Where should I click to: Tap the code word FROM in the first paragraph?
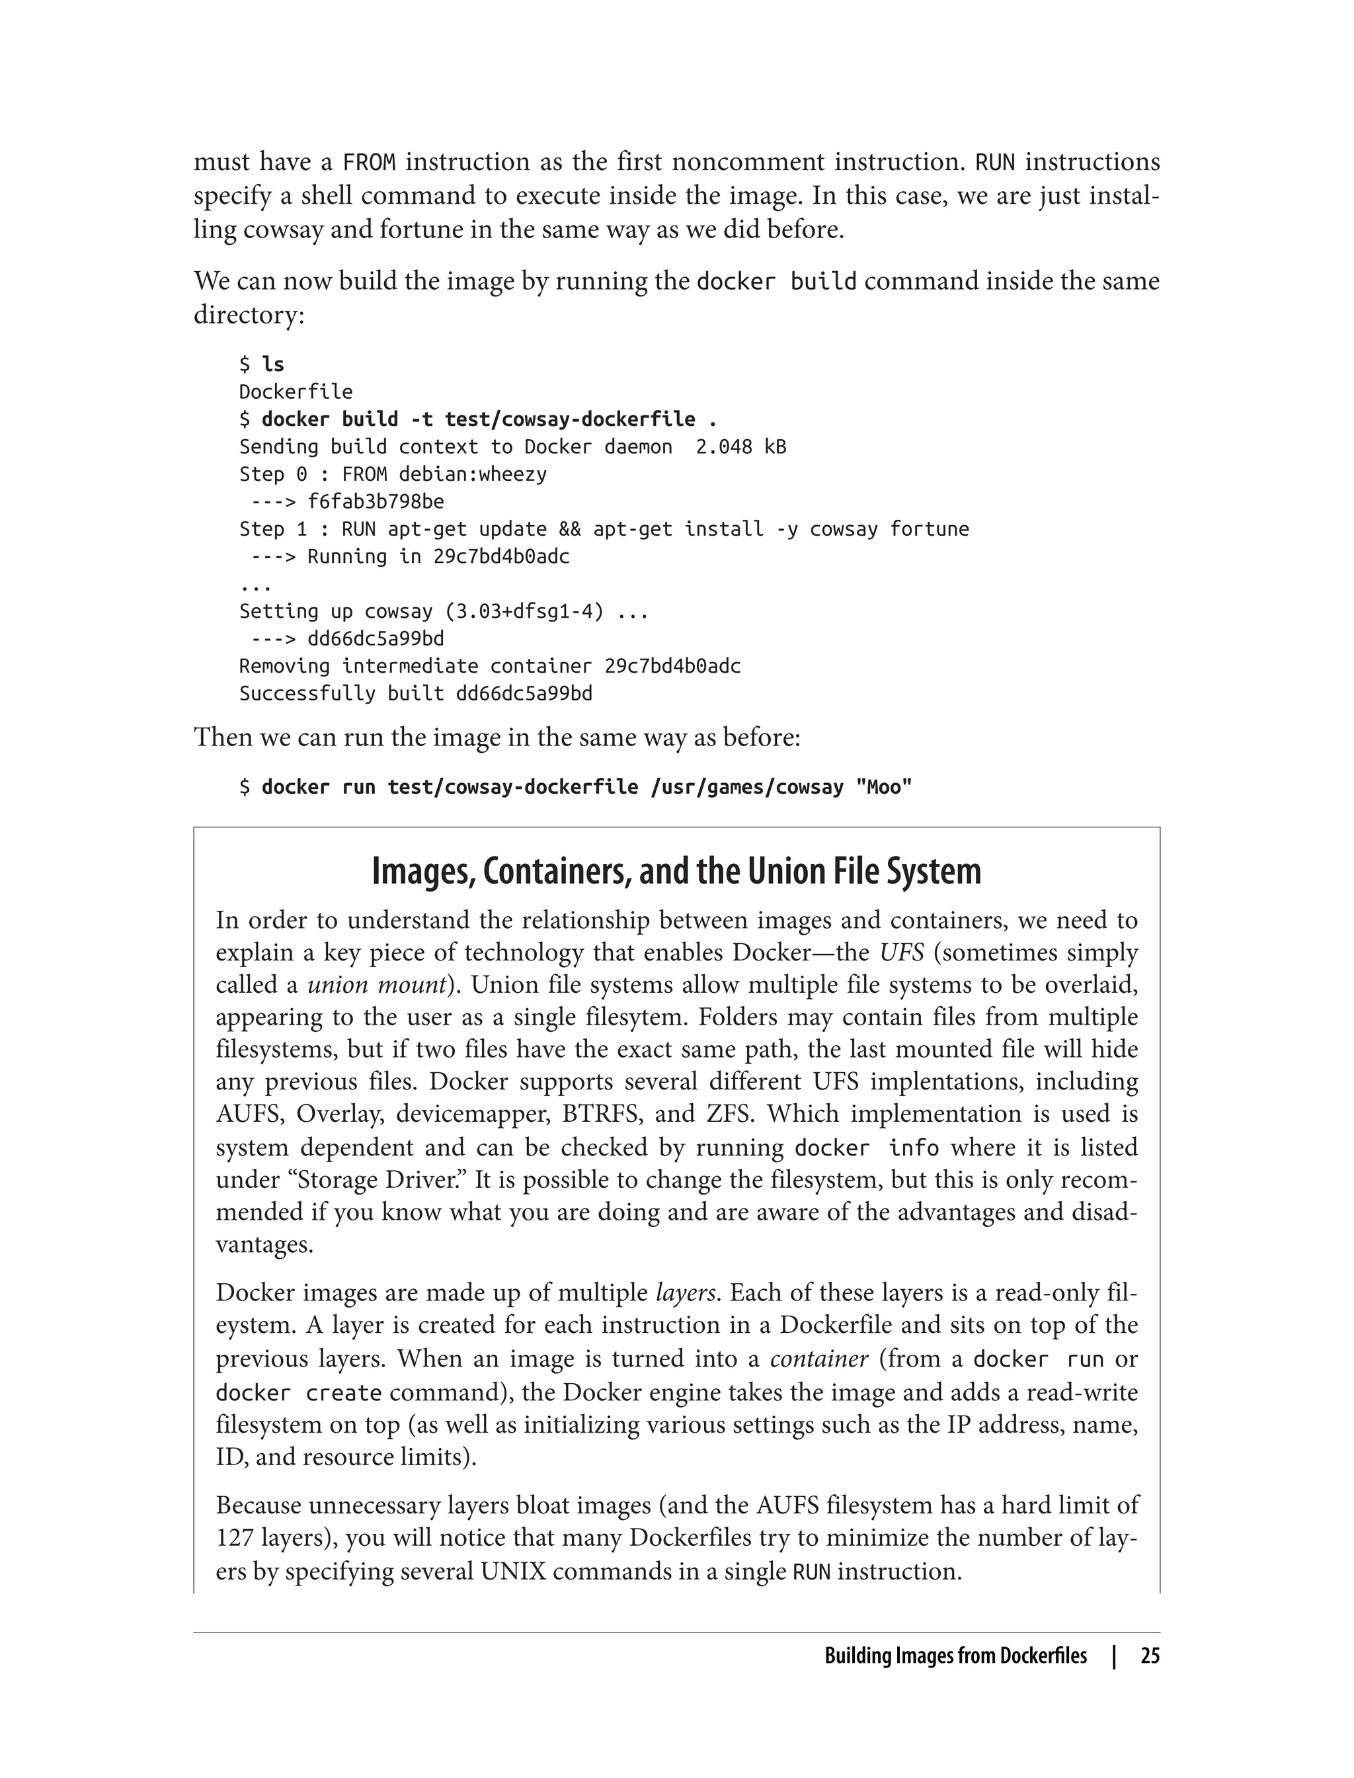tap(369, 163)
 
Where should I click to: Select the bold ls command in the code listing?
tap(273, 364)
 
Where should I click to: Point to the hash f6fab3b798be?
tap(376, 501)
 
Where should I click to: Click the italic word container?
tap(819, 1359)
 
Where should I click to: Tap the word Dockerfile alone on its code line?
tap(296, 392)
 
